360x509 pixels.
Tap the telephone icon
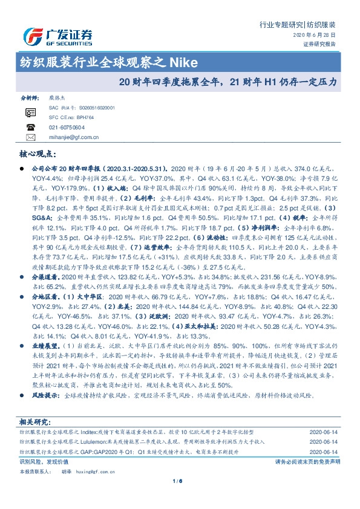[x=30, y=127]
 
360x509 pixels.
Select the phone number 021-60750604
[x=67, y=127]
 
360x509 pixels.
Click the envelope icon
[x=30, y=137]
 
